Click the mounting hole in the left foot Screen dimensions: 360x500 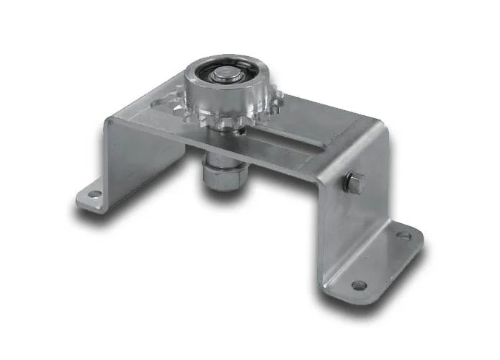[91, 193]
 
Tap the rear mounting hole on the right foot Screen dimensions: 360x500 [403, 235]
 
